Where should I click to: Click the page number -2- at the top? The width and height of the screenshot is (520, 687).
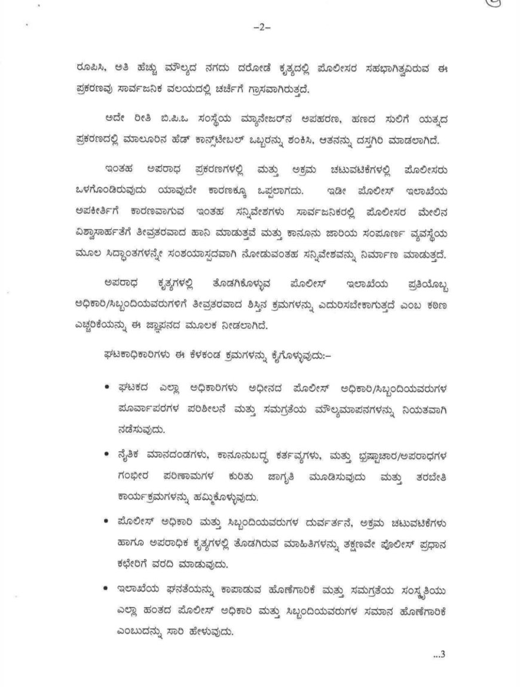261,27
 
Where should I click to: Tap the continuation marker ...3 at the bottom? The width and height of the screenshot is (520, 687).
439,657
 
